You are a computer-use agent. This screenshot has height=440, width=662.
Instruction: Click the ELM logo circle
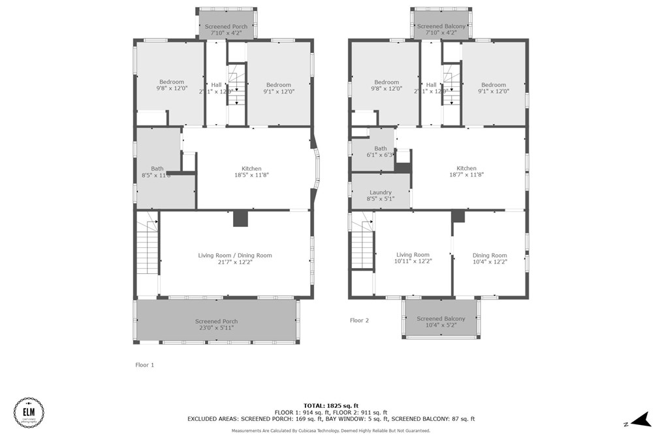[x=29, y=413]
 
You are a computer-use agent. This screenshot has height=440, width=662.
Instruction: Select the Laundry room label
[x=380, y=195]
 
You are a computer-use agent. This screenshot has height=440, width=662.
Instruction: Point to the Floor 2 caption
[x=359, y=320]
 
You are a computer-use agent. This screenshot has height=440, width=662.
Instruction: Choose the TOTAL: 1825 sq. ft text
[x=331, y=405]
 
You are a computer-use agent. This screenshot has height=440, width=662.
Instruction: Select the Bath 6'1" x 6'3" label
[x=380, y=152]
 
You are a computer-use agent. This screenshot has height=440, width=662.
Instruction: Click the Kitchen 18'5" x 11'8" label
[x=251, y=171]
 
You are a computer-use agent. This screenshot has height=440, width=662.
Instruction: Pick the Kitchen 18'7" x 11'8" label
[x=466, y=171]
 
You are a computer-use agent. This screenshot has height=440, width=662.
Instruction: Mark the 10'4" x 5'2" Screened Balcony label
[x=441, y=322]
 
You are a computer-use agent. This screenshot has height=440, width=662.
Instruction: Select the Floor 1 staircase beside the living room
[x=149, y=248]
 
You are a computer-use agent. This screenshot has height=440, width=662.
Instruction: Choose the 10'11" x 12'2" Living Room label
[x=413, y=258]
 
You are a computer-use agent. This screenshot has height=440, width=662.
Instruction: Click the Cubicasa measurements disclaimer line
[x=331, y=430]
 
